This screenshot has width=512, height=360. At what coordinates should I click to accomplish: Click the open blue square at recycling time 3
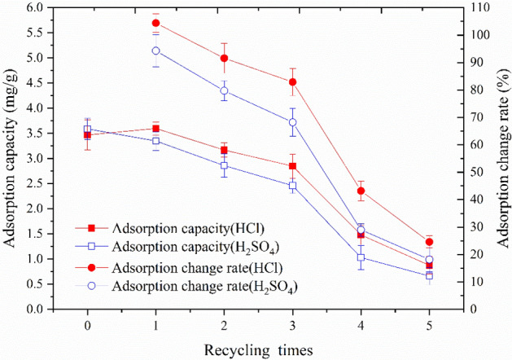(x=292, y=186)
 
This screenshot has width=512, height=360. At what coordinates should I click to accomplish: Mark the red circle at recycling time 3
(x=292, y=81)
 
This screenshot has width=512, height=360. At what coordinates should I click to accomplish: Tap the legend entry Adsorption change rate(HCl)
(x=179, y=266)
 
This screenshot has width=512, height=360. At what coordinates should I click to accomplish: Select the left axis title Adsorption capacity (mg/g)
(x=11, y=159)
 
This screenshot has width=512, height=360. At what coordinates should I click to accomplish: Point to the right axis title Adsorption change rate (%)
(x=501, y=159)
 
